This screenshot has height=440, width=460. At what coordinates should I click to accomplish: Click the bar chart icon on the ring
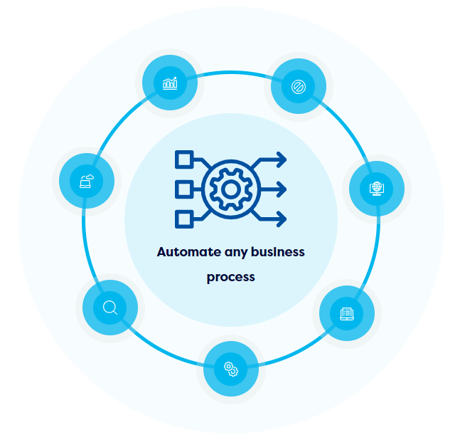[170, 84]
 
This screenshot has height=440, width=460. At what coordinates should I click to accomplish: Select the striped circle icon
[299, 87]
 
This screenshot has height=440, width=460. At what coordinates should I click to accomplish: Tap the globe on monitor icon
[377, 189]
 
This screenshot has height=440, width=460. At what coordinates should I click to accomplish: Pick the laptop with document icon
[346, 313]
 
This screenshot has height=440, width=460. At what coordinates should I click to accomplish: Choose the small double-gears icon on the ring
[231, 369]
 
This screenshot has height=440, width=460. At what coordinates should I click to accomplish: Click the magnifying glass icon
[110, 308]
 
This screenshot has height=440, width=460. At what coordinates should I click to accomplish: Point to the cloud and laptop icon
[87, 181]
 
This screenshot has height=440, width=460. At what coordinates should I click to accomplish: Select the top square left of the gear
[184, 159]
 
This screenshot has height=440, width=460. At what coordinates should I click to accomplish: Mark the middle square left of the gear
[183, 189]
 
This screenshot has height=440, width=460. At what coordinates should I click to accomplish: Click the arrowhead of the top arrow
[282, 159]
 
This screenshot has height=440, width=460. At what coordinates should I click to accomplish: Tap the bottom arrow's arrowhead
[282, 219]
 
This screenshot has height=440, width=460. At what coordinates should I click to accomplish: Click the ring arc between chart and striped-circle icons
[234, 71]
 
